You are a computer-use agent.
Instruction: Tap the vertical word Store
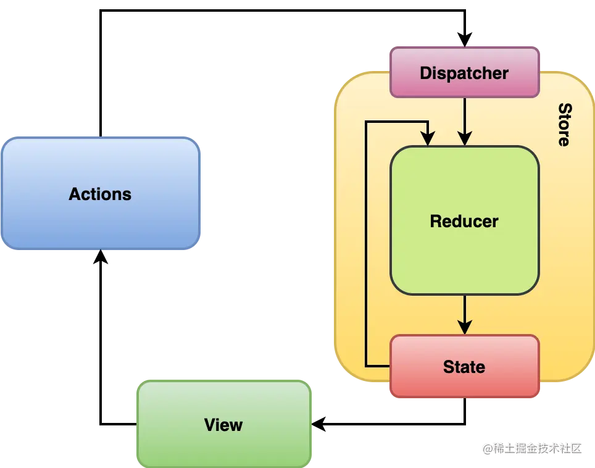coord(564,125)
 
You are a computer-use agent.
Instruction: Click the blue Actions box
coord(100,194)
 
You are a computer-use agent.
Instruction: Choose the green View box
coord(223,425)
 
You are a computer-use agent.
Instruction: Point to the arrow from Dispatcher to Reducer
coord(465,117)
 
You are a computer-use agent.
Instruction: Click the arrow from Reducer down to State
coord(465,312)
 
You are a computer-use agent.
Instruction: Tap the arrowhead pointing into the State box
coord(465,327)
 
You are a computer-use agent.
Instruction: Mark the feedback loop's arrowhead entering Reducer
coord(428,139)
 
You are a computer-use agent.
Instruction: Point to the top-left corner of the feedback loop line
coord(366,122)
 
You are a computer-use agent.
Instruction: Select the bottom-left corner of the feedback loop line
coord(366,366)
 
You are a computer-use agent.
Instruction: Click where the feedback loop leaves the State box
coord(390,366)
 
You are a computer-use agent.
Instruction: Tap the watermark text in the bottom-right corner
coord(532,448)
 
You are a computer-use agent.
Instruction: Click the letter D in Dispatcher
coord(425,73)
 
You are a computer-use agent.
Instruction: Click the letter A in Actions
coord(74,194)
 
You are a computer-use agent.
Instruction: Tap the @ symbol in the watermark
coord(488,448)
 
